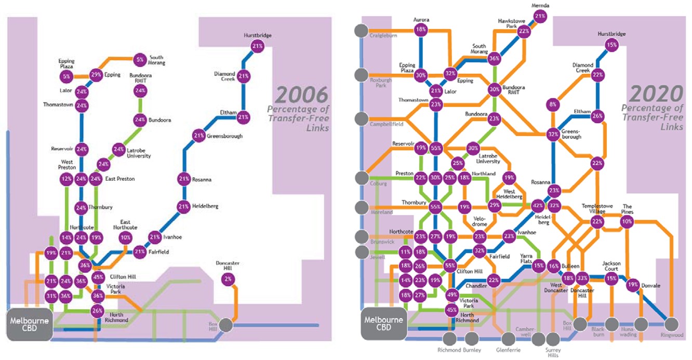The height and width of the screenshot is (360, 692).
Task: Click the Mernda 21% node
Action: pos(540,16)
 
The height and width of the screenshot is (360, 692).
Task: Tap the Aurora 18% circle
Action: pos(421,30)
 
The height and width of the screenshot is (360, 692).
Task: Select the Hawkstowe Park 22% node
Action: pos(524,31)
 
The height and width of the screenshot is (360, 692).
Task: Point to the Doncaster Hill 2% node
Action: pos(228,279)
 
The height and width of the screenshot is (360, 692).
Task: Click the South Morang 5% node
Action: pos(140,59)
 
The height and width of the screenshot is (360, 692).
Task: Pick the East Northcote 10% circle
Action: pos(125,237)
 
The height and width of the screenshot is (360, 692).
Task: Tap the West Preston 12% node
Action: pos(66,179)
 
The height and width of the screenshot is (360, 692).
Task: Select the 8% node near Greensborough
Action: pos(552,104)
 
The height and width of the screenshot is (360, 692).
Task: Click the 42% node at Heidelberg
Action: pos(539,206)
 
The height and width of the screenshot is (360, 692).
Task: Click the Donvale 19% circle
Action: pos(632,285)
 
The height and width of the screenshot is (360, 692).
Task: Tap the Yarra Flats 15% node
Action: pos(539,265)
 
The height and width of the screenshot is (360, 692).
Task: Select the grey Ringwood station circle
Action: pos(672,324)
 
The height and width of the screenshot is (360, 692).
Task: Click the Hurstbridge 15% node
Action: pos(612,45)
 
